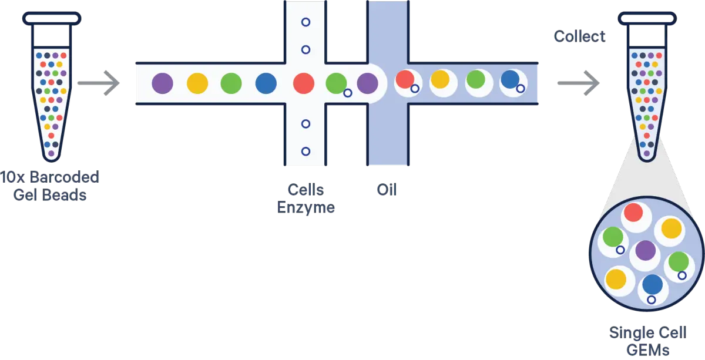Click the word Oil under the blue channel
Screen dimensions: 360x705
[387, 190]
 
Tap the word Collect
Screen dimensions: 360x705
[580, 36]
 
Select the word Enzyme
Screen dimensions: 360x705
[307, 207]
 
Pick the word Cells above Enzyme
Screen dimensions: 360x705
[305, 190]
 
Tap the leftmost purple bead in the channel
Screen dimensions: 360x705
[162, 83]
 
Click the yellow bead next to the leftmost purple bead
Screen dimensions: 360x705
[197, 83]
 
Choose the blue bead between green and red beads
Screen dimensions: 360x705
[266, 83]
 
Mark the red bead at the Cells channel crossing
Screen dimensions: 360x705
[304, 83]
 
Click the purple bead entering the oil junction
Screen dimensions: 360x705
[368, 83]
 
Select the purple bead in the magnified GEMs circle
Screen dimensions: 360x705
[645, 251]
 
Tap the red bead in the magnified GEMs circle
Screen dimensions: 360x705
[633, 212]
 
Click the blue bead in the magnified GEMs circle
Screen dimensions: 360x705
[653, 285]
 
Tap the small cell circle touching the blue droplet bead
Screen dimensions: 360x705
[521, 88]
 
